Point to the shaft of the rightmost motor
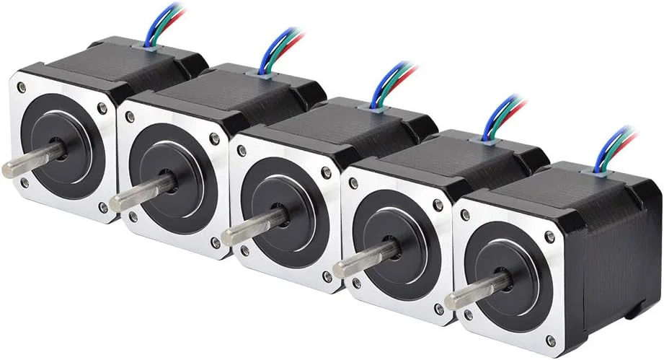click(x=469, y=295)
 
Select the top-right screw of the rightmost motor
click(x=550, y=237)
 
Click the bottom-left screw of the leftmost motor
click(x=25, y=183)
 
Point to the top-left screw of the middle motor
click(x=241, y=151)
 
